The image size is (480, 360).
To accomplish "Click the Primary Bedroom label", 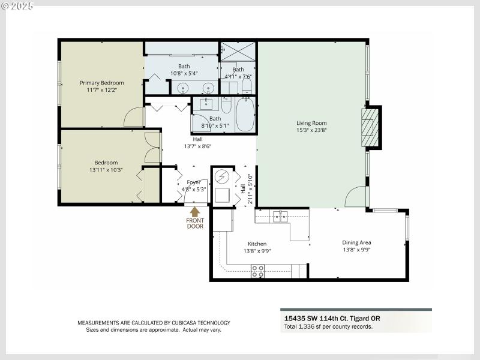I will (102, 83).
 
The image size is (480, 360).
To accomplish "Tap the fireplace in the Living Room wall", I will (370, 127).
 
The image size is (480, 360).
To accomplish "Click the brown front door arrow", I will (195, 212).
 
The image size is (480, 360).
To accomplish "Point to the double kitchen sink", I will (280, 217).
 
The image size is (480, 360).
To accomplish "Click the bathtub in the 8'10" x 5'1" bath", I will (245, 115).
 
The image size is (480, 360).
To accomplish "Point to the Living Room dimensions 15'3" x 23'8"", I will (311, 130).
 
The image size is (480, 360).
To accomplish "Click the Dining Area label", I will (356, 242).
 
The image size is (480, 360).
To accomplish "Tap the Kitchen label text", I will (257, 244).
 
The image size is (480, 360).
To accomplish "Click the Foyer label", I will (193, 182).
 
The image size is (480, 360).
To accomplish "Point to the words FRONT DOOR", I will (195, 223).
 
